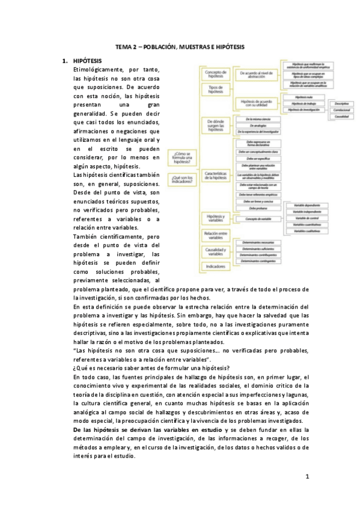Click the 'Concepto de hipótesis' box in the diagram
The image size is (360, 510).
215,73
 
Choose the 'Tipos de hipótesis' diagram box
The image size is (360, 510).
215,88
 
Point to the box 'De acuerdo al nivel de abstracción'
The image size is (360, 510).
256,73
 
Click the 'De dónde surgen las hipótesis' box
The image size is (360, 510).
215,125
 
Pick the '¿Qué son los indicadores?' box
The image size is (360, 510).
182,178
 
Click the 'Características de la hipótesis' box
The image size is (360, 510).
215,176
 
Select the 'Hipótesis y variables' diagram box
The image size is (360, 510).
215,218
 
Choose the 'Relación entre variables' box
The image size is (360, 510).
215,234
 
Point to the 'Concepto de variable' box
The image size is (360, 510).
256,219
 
